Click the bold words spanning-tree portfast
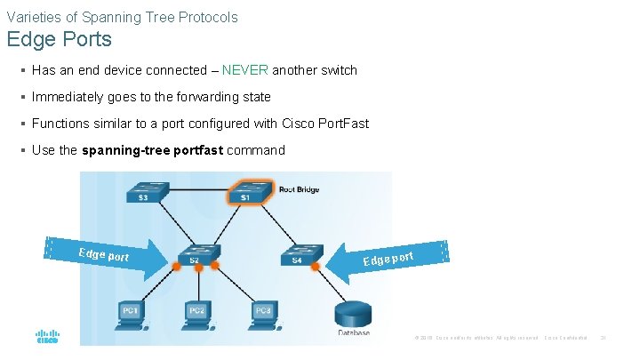[152, 150]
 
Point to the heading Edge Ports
[59, 40]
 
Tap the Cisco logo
[47, 338]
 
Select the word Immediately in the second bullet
[68, 97]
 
